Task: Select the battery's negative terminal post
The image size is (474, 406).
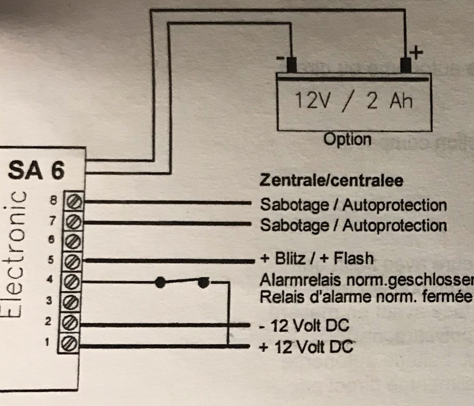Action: click(292, 65)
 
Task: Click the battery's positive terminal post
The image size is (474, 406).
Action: click(406, 65)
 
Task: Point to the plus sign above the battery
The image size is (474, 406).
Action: click(416, 53)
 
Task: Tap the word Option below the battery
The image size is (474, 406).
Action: click(348, 140)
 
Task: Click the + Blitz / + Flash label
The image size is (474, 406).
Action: click(317, 258)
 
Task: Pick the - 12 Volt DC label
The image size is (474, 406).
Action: click(304, 326)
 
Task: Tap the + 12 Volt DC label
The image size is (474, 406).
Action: click(305, 347)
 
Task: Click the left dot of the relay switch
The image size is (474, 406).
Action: click(160, 282)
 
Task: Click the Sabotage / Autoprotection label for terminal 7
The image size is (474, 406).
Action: click(353, 225)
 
